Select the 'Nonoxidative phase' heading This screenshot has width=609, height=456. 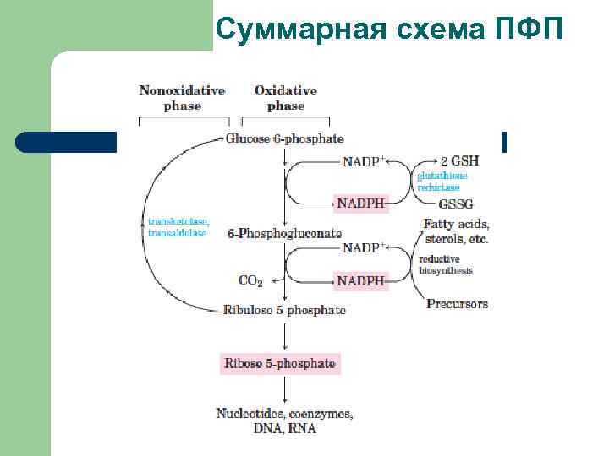point(182,98)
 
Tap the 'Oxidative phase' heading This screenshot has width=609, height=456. point(285,98)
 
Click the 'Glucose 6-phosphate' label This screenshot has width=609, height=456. point(285,138)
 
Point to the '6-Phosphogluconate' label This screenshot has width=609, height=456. point(284,233)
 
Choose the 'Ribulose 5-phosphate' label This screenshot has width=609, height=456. point(284,310)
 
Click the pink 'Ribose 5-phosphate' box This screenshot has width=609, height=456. point(279,365)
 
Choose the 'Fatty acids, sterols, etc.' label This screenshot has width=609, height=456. point(456,231)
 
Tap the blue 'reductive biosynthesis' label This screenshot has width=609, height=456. point(445,264)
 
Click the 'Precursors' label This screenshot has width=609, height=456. point(457,304)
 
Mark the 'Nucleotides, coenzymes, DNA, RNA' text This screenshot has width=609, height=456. point(284,421)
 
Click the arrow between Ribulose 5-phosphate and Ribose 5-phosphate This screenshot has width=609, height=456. point(285,335)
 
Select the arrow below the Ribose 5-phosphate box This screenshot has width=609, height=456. point(285,389)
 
